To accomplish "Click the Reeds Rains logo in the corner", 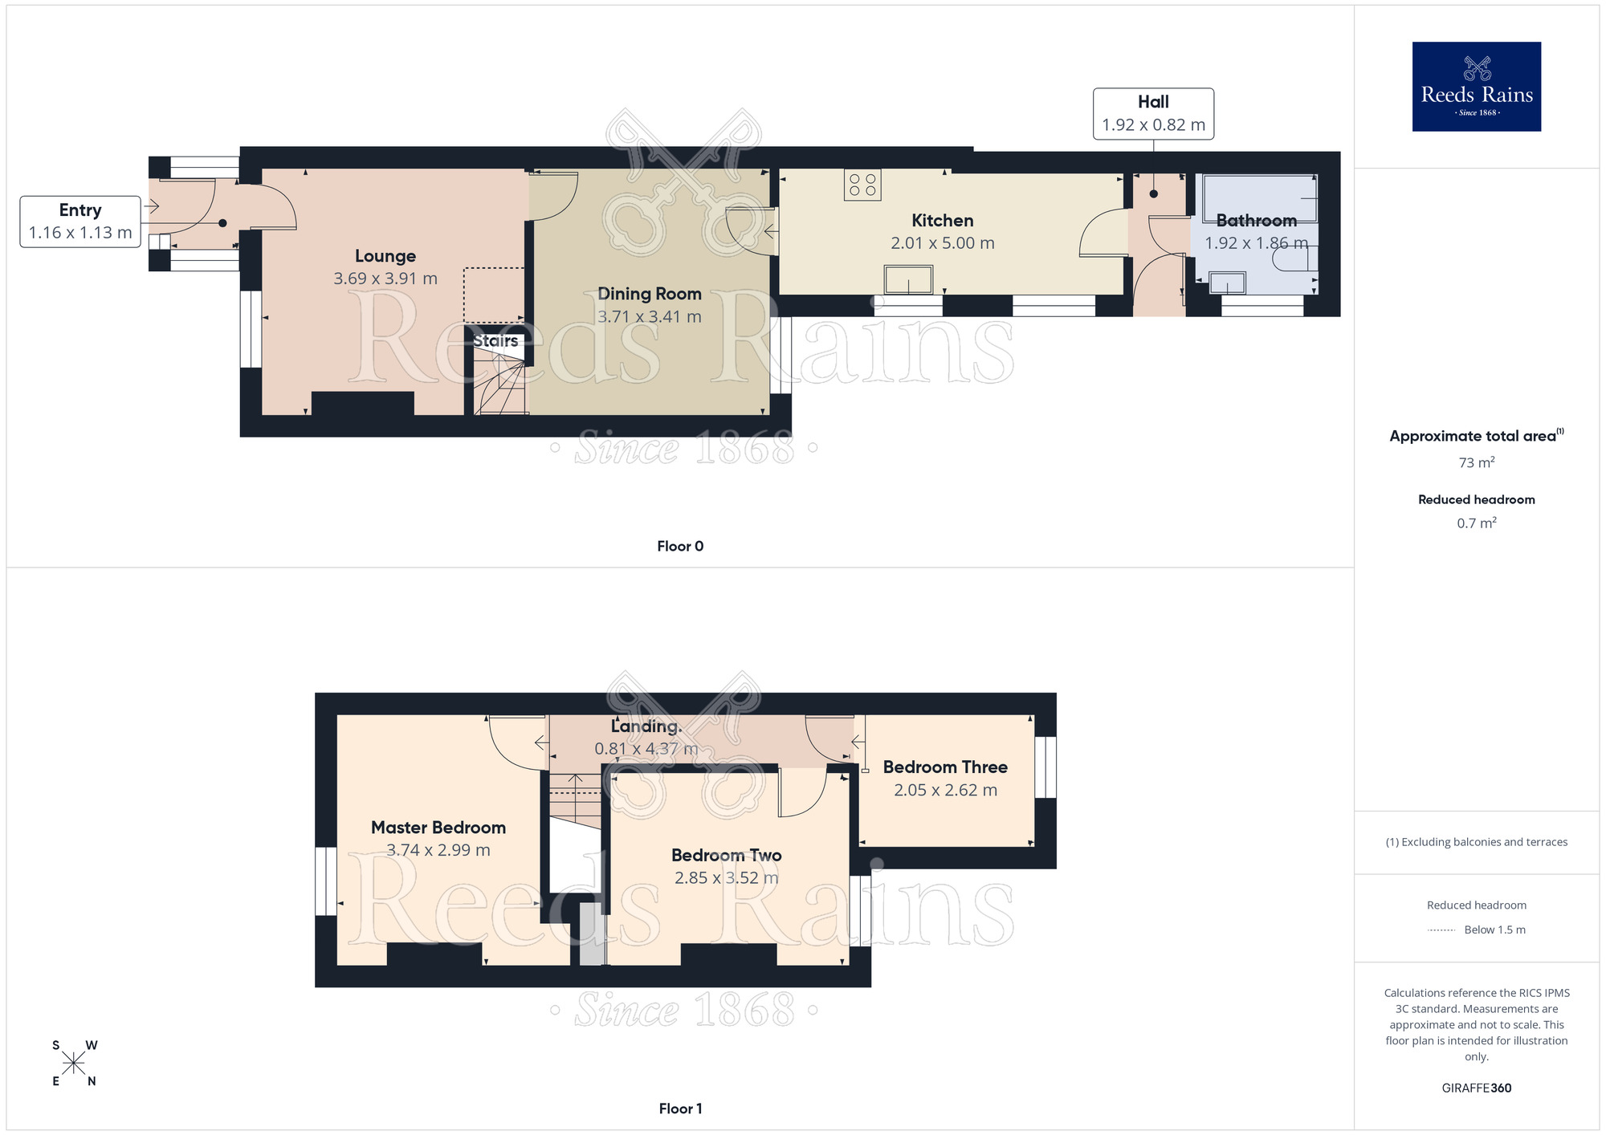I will tap(1476, 87).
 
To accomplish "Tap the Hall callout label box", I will tap(1153, 114).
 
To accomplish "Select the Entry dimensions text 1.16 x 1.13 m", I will tap(80, 233).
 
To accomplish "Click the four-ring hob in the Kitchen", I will tap(862, 185).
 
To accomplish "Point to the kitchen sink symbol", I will tap(908, 280).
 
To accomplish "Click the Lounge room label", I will tap(385, 256).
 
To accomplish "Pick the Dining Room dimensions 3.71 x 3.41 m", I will tap(650, 317).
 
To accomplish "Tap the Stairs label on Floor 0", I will tap(495, 341).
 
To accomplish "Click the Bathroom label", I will tap(1256, 221).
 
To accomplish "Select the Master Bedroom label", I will tap(438, 828).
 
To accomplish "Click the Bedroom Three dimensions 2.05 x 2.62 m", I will tap(945, 790).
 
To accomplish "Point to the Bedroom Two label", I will tap(726, 856).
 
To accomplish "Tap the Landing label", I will tap(646, 726).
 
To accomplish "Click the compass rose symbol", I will tap(74, 1064).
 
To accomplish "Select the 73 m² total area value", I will tap(1476, 463).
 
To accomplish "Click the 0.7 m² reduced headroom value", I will tap(1476, 523).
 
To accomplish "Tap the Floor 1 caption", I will tap(680, 1109).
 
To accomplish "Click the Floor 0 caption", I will tap(680, 547).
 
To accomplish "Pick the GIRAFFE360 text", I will tap(1476, 1088).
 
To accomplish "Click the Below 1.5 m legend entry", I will tap(1494, 930).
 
